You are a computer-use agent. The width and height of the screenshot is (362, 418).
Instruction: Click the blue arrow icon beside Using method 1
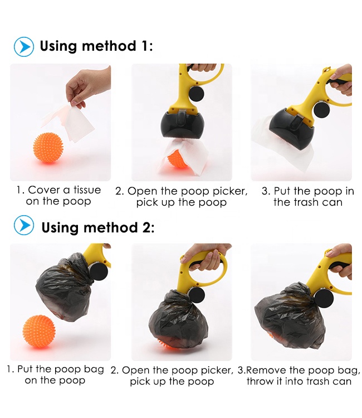pyautogui.click(x=24, y=47)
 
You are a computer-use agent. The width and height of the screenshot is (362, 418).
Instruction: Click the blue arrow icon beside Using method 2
pyautogui.click(x=24, y=225)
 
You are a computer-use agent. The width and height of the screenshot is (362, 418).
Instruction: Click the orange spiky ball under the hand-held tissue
pyautogui.click(x=48, y=148)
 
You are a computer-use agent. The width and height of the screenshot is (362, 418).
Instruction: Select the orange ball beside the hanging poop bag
pyautogui.click(x=39, y=331)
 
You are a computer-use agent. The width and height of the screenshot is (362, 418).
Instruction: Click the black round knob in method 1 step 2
pyautogui.click(x=197, y=94)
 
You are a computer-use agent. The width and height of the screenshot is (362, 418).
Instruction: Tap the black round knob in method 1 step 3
pyautogui.click(x=321, y=110)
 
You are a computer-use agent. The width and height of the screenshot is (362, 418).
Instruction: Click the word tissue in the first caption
pyautogui.click(x=87, y=190)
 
